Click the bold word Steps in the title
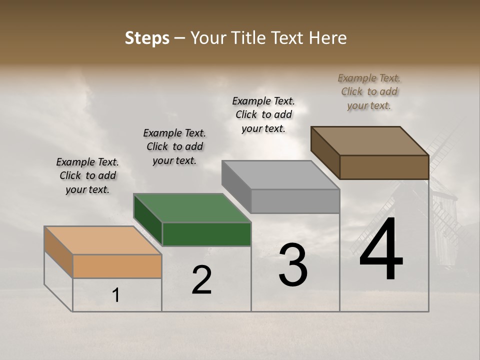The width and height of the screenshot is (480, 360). tap(147, 38)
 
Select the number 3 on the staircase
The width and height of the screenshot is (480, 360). tap(293, 265)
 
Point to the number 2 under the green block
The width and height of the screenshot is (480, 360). tap(201, 280)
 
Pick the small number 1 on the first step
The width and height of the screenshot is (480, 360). tap(116, 295)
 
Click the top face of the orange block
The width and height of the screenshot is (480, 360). tap(102, 240)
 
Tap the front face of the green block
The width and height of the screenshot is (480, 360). tap(206, 234)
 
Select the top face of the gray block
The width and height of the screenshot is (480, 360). tap(280, 175)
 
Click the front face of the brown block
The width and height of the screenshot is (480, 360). tap(384, 166)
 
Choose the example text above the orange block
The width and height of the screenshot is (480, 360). tap(87, 175)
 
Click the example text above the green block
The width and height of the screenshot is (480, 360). tap(174, 146)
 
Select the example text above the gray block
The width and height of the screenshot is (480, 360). tap(263, 114)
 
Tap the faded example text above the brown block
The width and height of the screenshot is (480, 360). tap(369, 91)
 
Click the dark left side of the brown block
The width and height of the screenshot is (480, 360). tap(325, 152)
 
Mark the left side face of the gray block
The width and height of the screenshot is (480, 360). tap(236, 186)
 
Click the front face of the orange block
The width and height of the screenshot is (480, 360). tap(117, 266)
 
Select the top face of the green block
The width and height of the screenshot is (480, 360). tap(192, 208)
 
